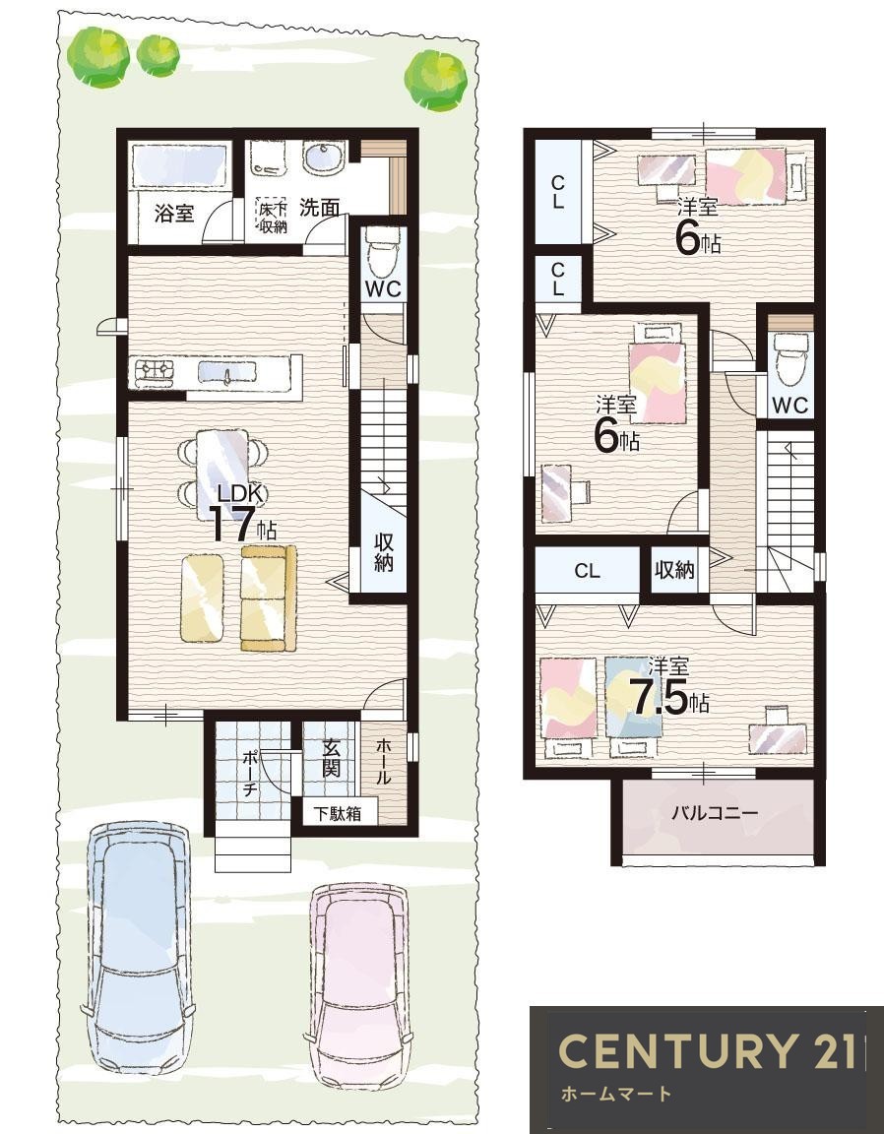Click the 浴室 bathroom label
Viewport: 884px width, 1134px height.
tap(174, 214)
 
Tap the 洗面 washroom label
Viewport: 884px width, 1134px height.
tap(319, 208)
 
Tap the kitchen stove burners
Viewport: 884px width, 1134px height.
tap(155, 371)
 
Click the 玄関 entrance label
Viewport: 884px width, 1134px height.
tap(331, 757)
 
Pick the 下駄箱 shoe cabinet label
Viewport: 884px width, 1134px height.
tap(337, 813)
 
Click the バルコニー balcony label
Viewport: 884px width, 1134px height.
tap(714, 812)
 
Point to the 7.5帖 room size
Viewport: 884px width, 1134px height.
tap(669, 698)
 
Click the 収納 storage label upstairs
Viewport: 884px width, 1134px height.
tap(674, 570)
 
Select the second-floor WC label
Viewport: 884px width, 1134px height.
tap(789, 405)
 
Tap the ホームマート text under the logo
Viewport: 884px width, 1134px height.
tap(615, 1094)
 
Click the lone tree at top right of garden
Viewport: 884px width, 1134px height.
tap(435, 81)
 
